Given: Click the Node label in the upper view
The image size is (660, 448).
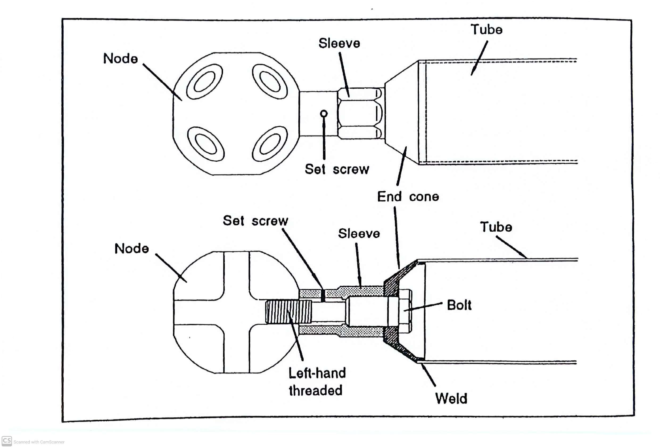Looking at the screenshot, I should pos(120,59).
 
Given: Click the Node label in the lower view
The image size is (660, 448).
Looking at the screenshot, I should pos(131,249).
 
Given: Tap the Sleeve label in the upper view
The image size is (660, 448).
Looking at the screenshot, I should pos(339,43).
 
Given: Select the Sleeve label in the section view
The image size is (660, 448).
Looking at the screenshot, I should pos(359,233).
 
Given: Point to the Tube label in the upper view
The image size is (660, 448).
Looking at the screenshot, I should pos(486,30).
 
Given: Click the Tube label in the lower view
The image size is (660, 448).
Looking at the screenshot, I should pos(496,227).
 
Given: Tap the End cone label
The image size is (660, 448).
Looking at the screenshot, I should pos(408,197).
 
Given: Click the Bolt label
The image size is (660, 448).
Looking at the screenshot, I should pos(459,305).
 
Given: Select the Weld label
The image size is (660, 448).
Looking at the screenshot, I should pos(451,398).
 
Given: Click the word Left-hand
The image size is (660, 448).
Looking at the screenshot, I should pos(317,373).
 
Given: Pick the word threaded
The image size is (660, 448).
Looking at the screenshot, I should pos(315,391).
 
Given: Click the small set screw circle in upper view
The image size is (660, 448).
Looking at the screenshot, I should pos(323,114).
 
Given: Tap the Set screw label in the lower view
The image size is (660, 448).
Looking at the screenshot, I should pos(255,221).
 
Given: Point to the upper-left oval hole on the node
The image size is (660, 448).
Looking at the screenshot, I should pos(204,81).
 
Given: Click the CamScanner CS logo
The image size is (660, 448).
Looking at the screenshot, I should pos(7,441).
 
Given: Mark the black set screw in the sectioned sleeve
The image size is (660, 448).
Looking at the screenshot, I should pos(323,296).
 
